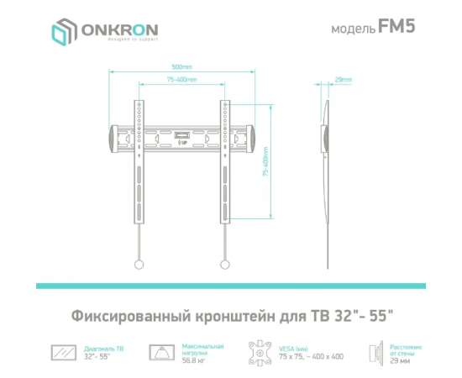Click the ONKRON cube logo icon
tap(64, 32)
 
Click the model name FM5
tap(396, 26)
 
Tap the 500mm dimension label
tap(182, 67)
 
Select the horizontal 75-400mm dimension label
tap(181, 80)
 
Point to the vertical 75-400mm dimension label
tap(265, 161)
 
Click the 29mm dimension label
tap(344, 80)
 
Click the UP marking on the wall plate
tap(182, 143)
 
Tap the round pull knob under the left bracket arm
tap(139, 265)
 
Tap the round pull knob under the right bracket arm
tap(225, 265)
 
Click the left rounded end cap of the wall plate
tap(113, 139)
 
